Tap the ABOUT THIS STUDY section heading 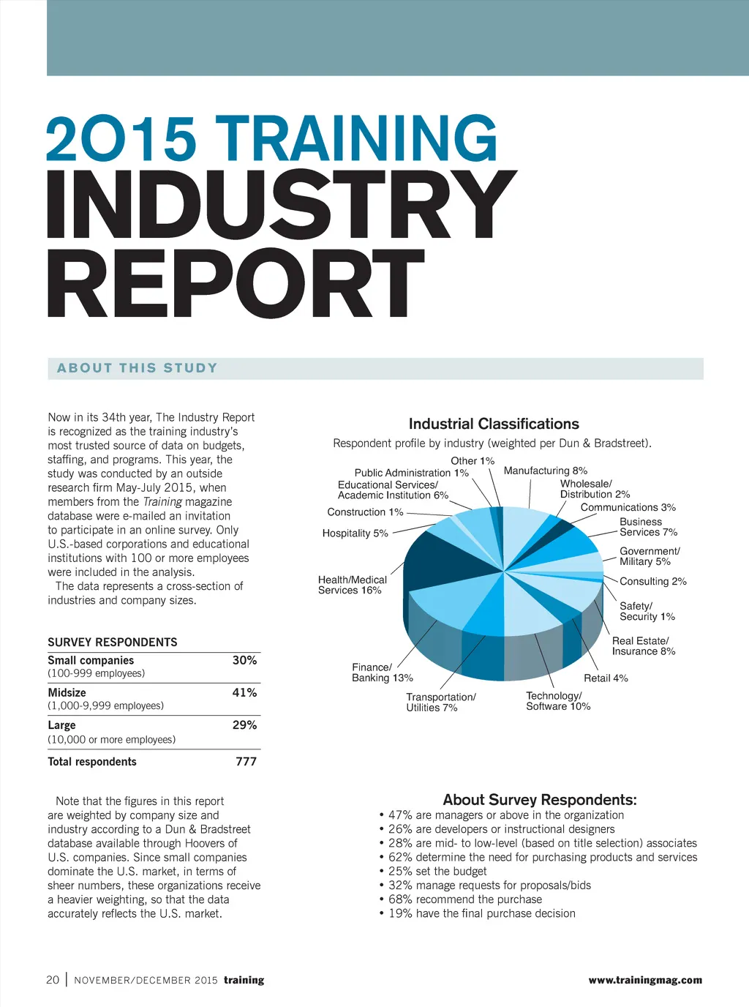click(x=138, y=368)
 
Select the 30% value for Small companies click(x=244, y=660)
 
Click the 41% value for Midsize click(x=244, y=692)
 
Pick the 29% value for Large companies click(x=244, y=725)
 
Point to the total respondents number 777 click(x=246, y=762)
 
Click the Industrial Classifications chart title click(x=494, y=424)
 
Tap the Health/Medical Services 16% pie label click(x=352, y=585)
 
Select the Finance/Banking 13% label click(x=382, y=673)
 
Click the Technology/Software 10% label click(x=557, y=701)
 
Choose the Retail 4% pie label click(x=606, y=678)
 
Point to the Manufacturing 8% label click(x=545, y=471)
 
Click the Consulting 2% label click(x=652, y=581)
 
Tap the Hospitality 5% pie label click(x=355, y=534)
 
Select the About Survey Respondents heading click(x=540, y=800)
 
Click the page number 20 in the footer click(x=53, y=980)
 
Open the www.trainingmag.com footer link click(x=644, y=980)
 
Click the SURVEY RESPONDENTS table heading click(x=113, y=642)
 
